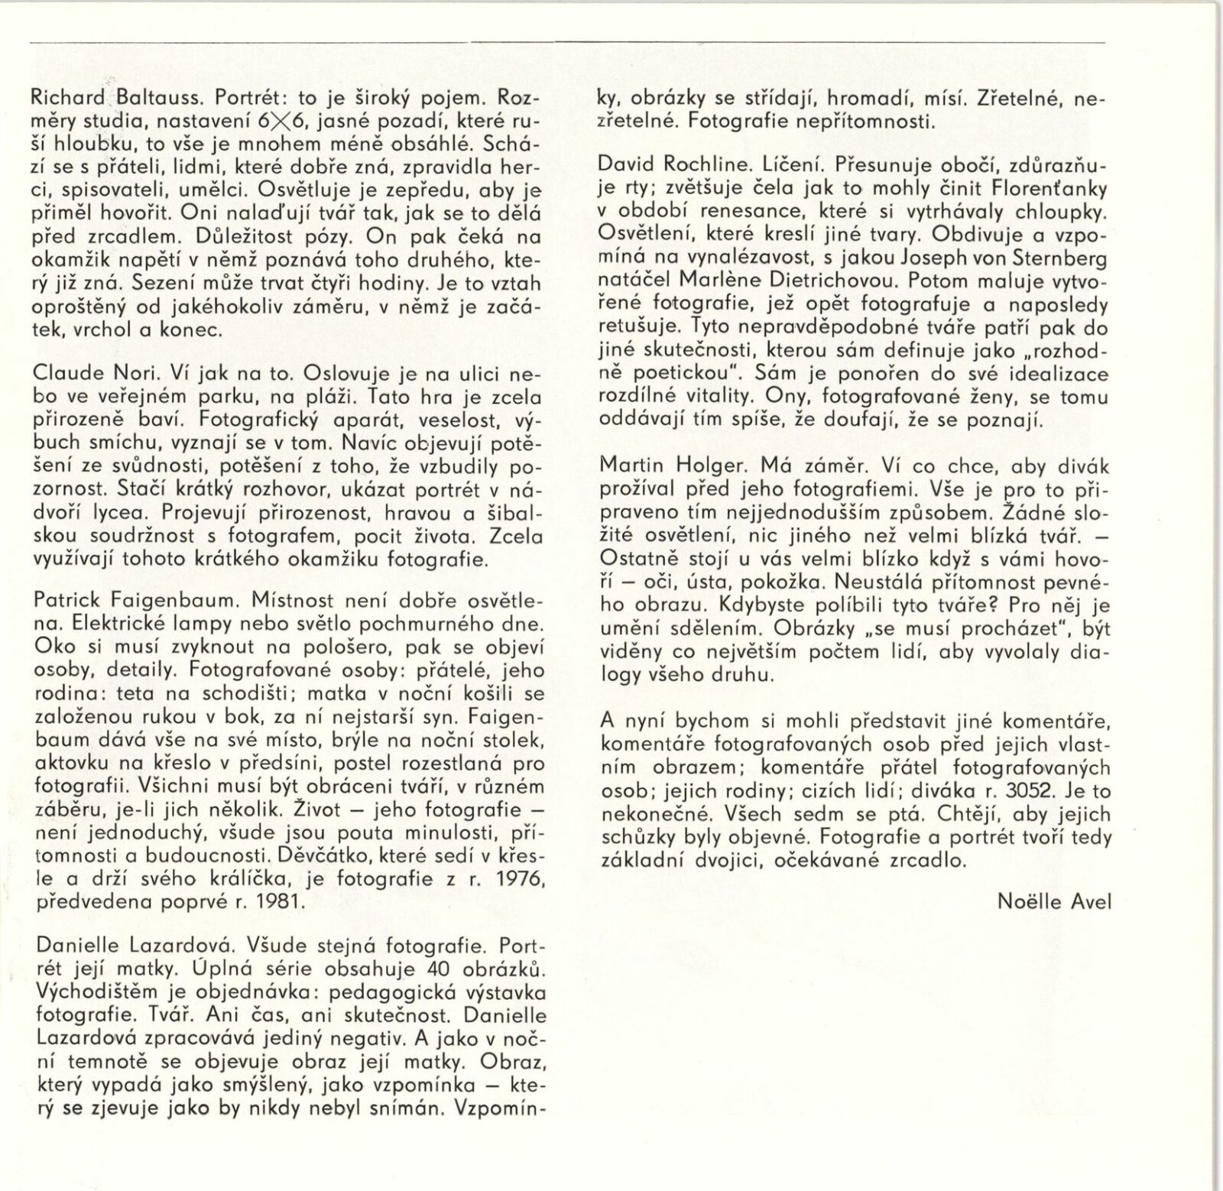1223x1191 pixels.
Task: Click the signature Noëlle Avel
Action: [x=1054, y=901]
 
